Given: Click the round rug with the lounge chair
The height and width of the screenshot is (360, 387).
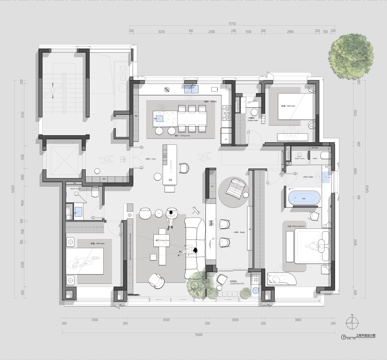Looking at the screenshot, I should (x=234, y=188).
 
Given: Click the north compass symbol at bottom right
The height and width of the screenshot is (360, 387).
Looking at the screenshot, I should (x=353, y=322).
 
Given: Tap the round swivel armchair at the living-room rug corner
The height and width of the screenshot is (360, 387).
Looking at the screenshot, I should (x=156, y=280).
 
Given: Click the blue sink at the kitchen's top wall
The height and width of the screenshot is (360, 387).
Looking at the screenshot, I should (x=199, y=87).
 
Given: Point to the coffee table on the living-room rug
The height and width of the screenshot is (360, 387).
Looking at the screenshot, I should (x=163, y=241).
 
